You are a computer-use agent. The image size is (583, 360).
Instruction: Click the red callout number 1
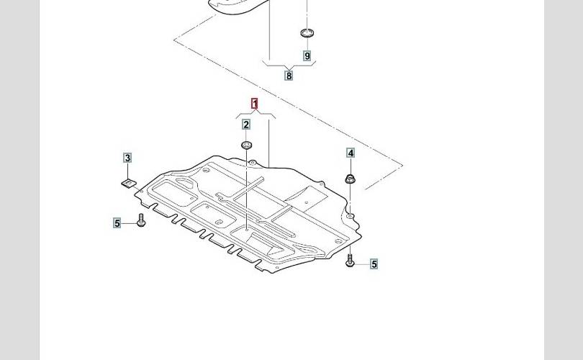tap(254, 104)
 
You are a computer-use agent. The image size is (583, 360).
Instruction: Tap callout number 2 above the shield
tap(246, 125)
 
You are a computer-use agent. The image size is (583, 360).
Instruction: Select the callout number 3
tap(127, 158)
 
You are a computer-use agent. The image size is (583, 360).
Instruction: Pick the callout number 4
tap(351, 153)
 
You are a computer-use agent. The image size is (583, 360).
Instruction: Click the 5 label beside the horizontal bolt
tap(117, 223)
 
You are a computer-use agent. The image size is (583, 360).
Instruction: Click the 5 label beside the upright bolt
tap(374, 264)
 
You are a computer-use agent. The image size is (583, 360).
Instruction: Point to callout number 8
tap(289, 76)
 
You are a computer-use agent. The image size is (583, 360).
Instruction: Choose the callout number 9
tap(307, 55)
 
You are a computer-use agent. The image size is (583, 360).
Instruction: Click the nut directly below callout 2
tap(246, 146)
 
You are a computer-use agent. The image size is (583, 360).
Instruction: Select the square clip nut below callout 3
tap(127, 184)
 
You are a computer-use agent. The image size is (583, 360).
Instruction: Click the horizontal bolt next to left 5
tap(140, 222)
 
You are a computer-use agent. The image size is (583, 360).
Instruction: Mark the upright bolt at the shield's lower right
tap(351, 259)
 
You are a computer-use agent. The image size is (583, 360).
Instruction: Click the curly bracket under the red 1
tap(254, 114)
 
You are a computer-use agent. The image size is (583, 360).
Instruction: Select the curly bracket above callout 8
tap(289, 65)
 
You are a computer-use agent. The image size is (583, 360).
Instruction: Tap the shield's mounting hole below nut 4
tap(350, 215)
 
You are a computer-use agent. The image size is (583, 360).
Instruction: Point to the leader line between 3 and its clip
tap(127, 171)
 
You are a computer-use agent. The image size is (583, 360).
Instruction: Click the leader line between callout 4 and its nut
tap(351, 165)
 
